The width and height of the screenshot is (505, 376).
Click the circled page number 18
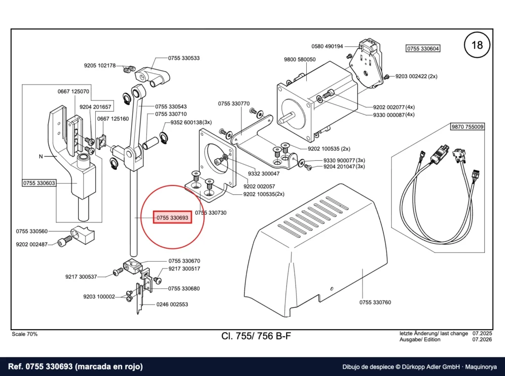pos(477,45)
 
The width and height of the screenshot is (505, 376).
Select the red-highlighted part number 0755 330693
pos(172,218)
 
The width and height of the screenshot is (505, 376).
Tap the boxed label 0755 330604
pos(423,49)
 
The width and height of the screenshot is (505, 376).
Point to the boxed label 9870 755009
pos(468,127)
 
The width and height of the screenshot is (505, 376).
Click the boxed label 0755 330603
pos(39,183)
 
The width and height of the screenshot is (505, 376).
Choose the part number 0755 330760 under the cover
pos(375,302)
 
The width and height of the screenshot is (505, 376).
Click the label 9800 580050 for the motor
pos(299,59)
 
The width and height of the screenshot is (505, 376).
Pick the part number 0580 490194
pos(327,46)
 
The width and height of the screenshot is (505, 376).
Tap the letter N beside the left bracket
pos(41,156)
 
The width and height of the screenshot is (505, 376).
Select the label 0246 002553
pos(172,304)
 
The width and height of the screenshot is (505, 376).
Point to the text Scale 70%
pos(25,334)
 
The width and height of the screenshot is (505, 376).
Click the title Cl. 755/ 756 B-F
pos(256,336)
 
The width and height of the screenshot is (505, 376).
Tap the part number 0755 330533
pos(184,58)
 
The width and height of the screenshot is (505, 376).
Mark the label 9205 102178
pos(100,66)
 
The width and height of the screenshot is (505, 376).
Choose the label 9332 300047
pos(264,174)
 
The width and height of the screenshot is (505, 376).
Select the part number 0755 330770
pos(234,104)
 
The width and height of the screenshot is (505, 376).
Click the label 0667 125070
pos(73,91)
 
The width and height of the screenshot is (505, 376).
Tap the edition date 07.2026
pos(482,339)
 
